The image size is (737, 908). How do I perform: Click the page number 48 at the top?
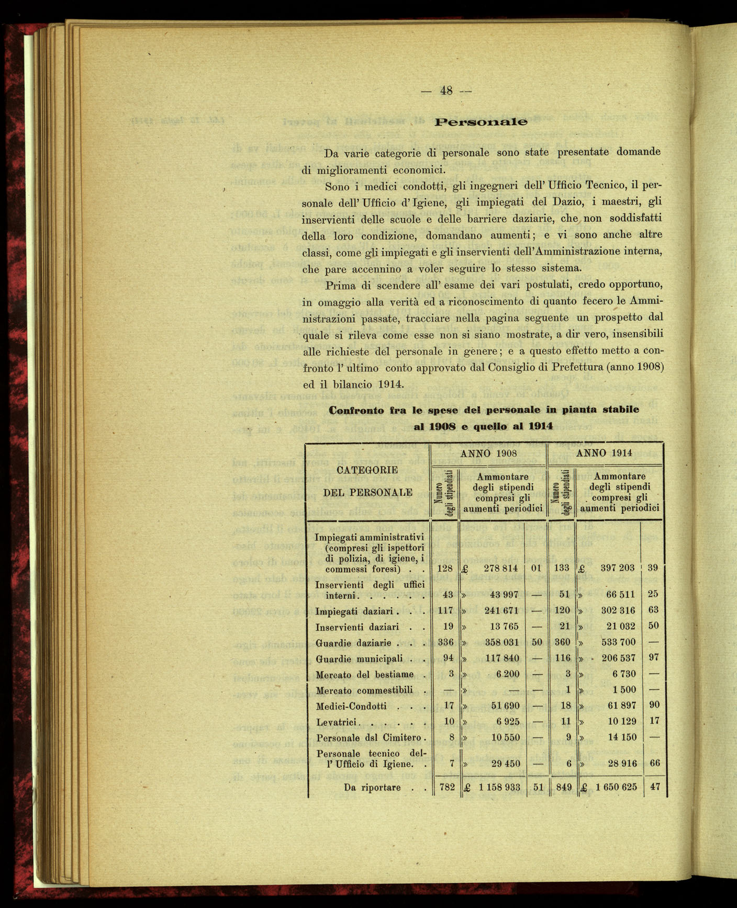[x=446, y=90]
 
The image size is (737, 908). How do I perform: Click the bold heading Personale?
[x=481, y=122]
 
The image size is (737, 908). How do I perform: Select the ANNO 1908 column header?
[x=488, y=453]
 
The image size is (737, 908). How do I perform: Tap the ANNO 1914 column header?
[x=604, y=453]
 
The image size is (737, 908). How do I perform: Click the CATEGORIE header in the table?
[x=367, y=470]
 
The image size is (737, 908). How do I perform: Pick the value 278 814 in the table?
[x=500, y=568]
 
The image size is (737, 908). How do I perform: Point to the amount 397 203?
[x=618, y=568]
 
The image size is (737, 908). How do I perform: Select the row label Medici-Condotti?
[x=351, y=706]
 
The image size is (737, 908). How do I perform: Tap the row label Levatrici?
[x=336, y=722]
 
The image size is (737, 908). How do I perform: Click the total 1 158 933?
[x=499, y=787]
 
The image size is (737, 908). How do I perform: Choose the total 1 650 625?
[x=616, y=787]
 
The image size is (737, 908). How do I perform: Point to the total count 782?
[x=447, y=787]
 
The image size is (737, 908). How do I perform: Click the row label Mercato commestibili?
[x=364, y=690]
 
